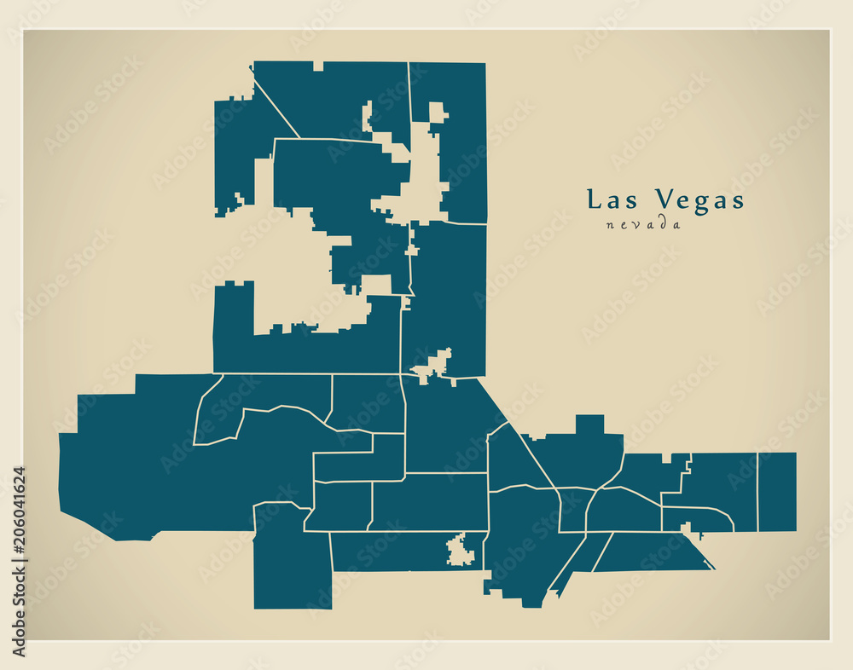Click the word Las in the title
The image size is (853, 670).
(x=613, y=200)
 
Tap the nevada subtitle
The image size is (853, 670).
(x=644, y=225)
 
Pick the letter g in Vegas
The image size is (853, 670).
(x=699, y=204)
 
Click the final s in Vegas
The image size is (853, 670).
(x=738, y=202)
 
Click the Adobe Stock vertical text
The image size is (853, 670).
(x=19, y=613)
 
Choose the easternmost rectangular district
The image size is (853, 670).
(x=776, y=492)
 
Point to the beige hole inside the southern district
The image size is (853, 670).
(x=461, y=551)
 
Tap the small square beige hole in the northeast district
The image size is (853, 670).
(x=438, y=113)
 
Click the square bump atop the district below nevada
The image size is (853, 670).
(x=589, y=424)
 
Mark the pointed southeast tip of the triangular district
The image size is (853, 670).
(x=713, y=568)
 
